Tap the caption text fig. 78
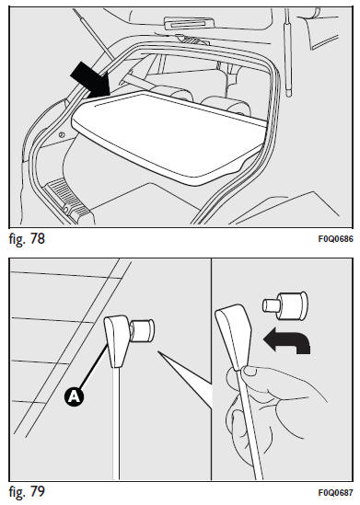27,239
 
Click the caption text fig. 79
27,491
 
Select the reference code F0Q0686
335,239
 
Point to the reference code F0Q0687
335,493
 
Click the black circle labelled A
74,396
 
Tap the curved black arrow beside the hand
286,341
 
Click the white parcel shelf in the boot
168,137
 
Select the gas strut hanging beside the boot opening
287,53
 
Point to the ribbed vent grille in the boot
66,197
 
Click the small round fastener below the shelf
63,134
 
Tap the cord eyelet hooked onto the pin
117,340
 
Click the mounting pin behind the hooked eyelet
142,330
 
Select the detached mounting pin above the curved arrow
285,306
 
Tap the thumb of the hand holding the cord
250,371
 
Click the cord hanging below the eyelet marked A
116,423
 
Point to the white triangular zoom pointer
184,380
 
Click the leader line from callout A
94,366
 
